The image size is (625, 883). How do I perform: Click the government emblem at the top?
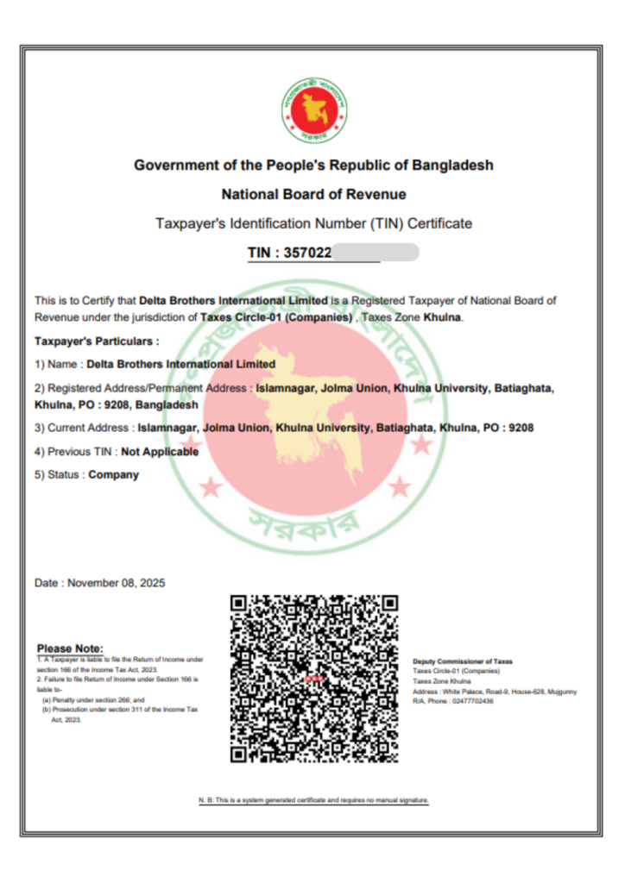click(x=313, y=110)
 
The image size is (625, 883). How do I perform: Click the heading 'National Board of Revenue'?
click(x=313, y=194)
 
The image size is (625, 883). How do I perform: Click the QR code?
click(x=313, y=679)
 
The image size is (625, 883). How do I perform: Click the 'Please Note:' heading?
click(x=70, y=648)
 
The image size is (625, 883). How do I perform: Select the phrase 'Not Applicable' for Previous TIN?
click(x=160, y=451)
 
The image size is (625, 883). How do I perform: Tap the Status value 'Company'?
click(x=113, y=474)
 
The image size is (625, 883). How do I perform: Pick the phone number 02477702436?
click(x=471, y=701)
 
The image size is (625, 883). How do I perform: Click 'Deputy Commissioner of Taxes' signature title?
click(x=462, y=661)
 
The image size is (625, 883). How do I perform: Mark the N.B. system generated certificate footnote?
click(x=313, y=800)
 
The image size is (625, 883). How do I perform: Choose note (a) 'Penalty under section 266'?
click(x=94, y=700)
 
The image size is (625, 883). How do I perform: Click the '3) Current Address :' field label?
click(x=84, y=427)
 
